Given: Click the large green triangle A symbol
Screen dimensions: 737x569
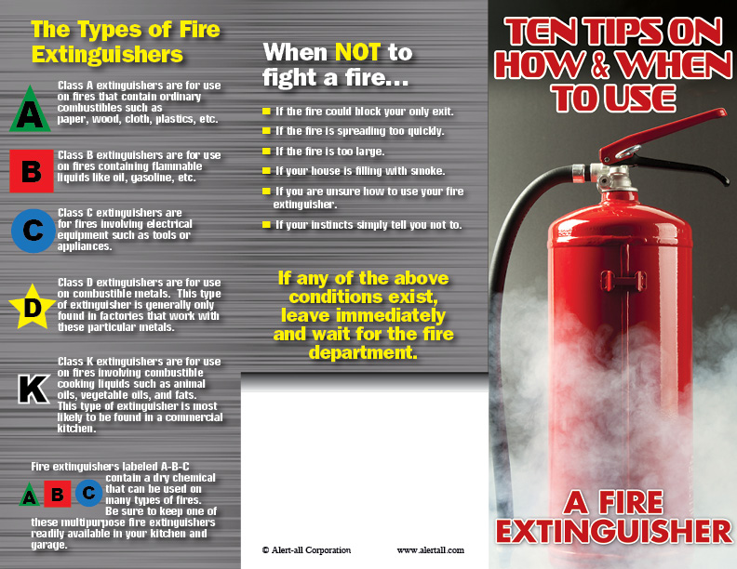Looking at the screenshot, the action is click(30, 111).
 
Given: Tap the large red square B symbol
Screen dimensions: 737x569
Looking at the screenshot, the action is click(32, 171).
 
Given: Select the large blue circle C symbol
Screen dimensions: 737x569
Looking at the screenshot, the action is click(33, 231).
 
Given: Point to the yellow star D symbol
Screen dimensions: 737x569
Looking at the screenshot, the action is click(32, 307).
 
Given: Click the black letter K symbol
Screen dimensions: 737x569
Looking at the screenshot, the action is click(33, 389).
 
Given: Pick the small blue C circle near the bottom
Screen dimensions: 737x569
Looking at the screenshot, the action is click(88, 493).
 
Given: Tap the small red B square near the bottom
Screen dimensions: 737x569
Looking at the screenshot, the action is click(58, 494).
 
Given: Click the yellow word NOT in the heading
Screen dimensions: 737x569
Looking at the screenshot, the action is click(357, 52).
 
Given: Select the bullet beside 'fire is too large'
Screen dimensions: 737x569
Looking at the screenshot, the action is click(266, 152).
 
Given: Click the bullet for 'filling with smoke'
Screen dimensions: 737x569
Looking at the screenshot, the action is click(266, 171).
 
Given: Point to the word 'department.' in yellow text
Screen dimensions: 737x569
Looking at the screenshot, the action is click(363, 352).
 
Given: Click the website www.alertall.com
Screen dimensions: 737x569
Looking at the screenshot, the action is click(431, 550).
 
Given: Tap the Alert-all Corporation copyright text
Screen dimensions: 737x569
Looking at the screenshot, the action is click(306, 550).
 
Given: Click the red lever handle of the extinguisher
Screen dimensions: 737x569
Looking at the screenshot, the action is click(662, 135).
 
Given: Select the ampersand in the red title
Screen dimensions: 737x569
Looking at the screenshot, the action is click(600, 65).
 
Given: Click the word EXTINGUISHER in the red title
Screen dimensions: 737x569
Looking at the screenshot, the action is click(614, 531).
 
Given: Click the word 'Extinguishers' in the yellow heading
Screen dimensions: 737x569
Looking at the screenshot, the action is click(107, 55).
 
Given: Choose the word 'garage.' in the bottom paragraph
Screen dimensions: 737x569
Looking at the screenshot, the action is click(49, 545).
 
